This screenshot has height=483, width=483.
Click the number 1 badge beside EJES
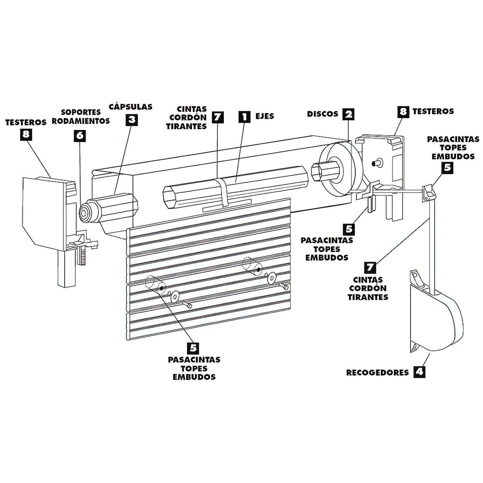[244, 116]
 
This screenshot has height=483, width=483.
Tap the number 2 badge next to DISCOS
[348, 114]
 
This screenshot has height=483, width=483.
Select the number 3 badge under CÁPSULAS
[132, 120]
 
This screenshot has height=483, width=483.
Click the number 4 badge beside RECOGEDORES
[419, 372]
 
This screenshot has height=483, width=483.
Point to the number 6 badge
[80, 135]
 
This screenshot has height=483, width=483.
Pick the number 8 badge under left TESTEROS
[26, 134]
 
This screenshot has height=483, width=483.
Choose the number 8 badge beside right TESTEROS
[403, 112]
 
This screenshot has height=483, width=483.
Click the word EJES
[265, 116]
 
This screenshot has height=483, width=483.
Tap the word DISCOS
[322, 114]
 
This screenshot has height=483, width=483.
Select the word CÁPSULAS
[130, 107]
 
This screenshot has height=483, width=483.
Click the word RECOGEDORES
[377, 373]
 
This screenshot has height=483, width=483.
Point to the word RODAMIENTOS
[81, 121]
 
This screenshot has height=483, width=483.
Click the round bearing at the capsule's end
[85, 213]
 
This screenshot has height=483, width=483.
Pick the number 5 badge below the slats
[193, 348]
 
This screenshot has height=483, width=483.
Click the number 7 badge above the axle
[218, 117]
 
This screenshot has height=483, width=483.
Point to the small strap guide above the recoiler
[428, 193]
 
